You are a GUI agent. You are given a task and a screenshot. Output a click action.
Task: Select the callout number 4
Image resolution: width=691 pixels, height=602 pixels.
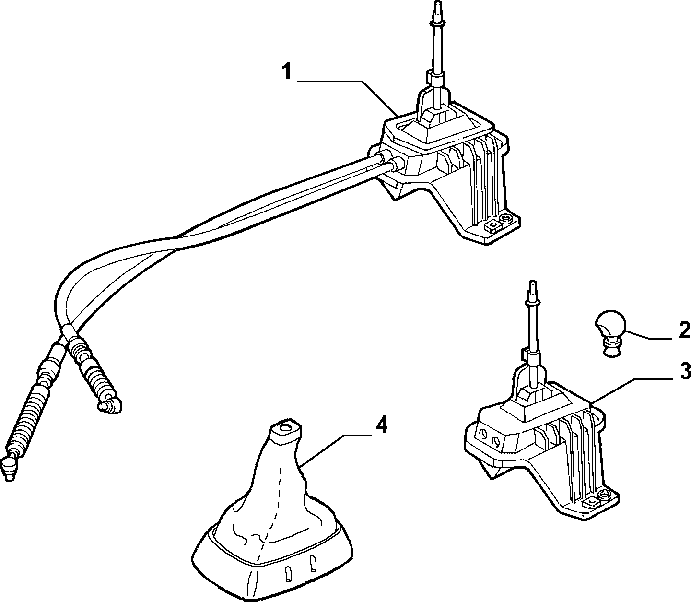pos(382,426)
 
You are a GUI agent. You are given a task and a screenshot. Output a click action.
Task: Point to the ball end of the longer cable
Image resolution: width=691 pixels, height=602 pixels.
pos(10,467)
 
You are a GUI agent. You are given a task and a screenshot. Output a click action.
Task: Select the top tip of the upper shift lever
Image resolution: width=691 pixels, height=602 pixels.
pos(437,3)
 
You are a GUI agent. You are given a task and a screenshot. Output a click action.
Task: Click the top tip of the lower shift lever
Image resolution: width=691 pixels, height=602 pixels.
pos(533,283)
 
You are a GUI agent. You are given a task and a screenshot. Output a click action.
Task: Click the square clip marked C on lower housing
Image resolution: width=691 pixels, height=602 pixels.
pos(591,504)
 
